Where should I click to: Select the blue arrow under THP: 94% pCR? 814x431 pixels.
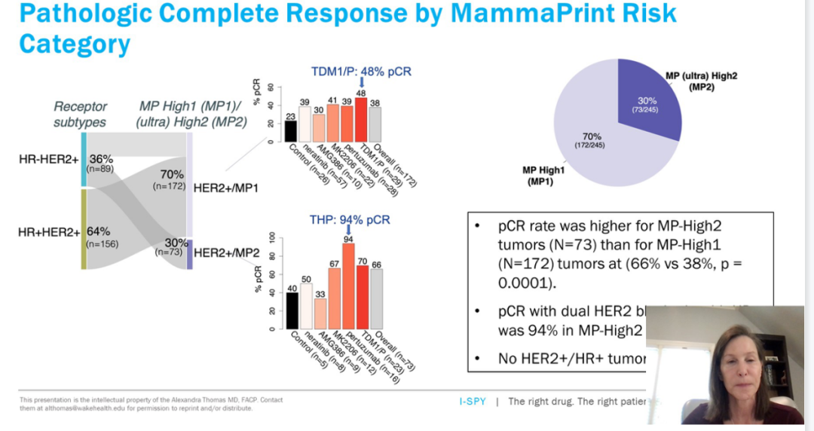[347, 228]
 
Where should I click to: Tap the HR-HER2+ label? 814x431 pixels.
[48, 159]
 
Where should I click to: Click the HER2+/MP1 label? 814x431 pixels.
[225, 187]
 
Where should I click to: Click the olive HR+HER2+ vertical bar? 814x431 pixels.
[84, 229]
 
